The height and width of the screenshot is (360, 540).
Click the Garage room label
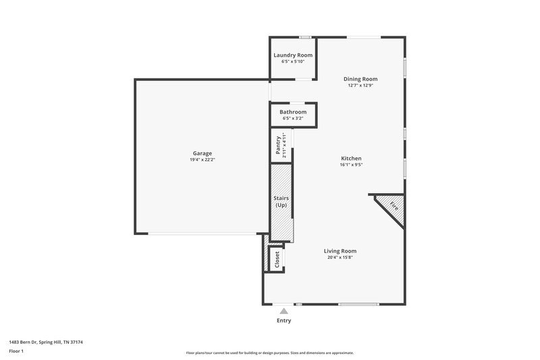point(202,153)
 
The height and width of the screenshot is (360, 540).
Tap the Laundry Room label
point(293,55)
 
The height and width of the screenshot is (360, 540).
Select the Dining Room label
point(361,79)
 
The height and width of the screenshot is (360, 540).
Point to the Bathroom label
point(293,111)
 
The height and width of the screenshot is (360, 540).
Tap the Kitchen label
point(351,158)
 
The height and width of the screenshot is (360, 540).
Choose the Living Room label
point(340,251)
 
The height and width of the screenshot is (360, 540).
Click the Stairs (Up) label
point(281,201)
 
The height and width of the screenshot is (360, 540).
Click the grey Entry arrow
point(284,311)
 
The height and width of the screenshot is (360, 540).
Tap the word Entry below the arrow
point(284,320)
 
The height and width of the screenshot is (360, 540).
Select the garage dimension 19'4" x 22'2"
point(202,160)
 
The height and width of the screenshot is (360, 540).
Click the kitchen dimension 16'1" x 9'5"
point(351,165)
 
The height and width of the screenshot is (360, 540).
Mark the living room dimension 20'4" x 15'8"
point(340,257)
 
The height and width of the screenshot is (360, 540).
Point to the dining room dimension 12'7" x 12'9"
point(361,86)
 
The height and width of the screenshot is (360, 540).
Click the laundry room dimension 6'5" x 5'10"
point(293,61)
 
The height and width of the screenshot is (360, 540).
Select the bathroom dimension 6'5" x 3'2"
point(293,118)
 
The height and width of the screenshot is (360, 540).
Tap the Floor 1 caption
point(16,352)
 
